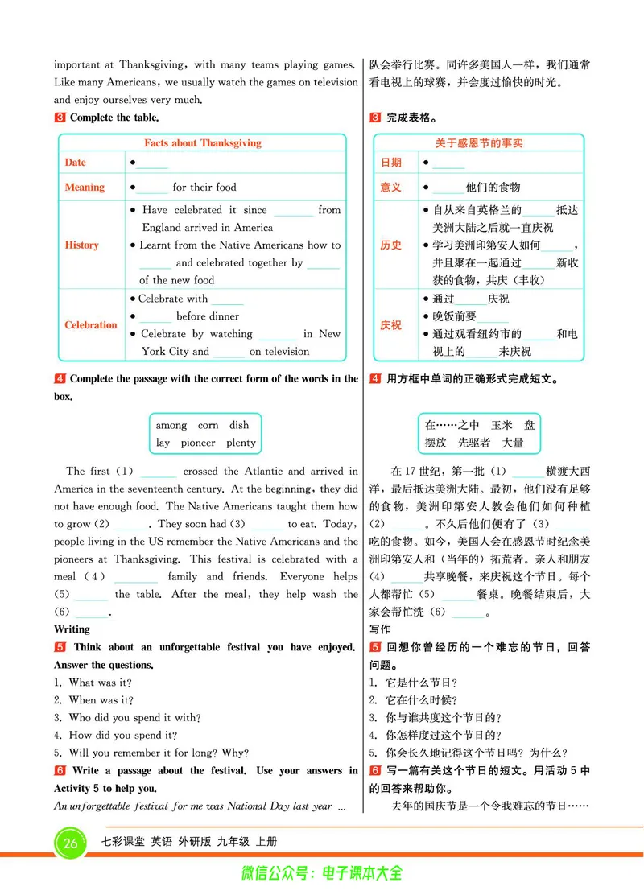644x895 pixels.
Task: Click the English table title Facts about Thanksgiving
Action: click(203, 143)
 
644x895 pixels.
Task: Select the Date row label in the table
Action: click(76, 163)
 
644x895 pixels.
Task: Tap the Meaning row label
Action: click(85, 188)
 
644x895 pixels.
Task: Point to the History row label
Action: click(82, 245)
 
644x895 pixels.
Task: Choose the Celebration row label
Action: click(91, 325)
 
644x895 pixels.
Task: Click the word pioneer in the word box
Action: click(198, 443)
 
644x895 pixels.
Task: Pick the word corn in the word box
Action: click(208, 425)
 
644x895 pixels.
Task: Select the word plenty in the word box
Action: click(241, 443)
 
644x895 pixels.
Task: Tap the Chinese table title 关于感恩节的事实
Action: click(479, 143)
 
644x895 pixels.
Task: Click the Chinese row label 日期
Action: click(391, 163)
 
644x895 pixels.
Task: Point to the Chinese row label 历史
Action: click(391, 245)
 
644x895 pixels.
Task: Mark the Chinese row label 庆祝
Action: click(391, 325)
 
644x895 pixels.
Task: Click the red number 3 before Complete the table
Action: click(60, 118)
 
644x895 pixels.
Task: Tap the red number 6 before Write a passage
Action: click(60, 771)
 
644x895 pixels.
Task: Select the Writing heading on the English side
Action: click(72, 629)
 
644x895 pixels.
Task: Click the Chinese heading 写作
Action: click(380, 629)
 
